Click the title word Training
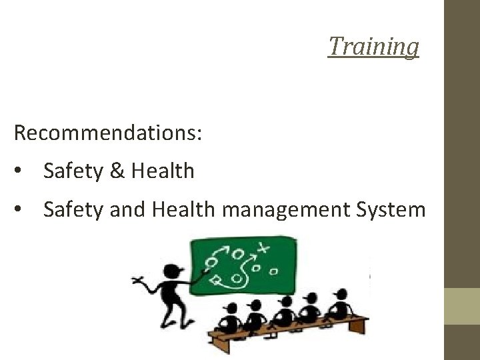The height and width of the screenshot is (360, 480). [x=373, y=47]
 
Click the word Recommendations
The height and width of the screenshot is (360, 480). [x=107, y=133]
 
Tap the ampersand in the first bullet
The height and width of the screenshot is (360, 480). [x=117, y=171]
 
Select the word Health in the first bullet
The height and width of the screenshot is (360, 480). [x=163, y=171]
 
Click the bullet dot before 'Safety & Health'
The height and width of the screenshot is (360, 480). [x=23, y=172]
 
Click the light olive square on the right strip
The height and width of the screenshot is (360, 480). [x=462, y=306]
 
